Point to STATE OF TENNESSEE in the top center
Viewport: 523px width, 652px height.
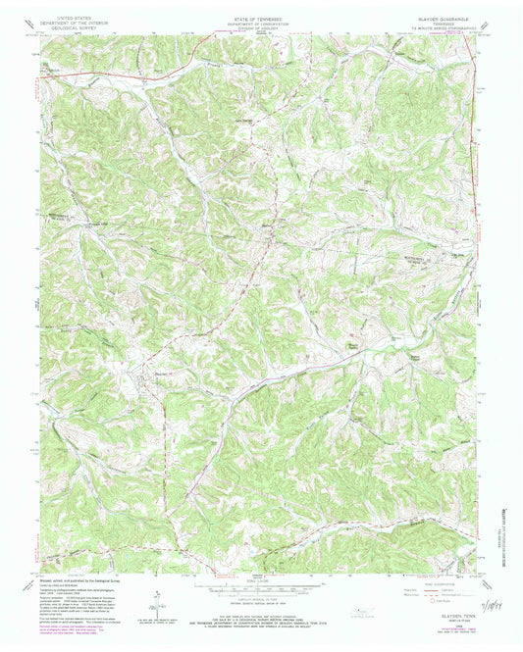[260, 18]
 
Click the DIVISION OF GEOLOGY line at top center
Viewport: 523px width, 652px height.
[260, 27]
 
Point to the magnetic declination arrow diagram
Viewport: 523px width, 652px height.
[158, 606]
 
